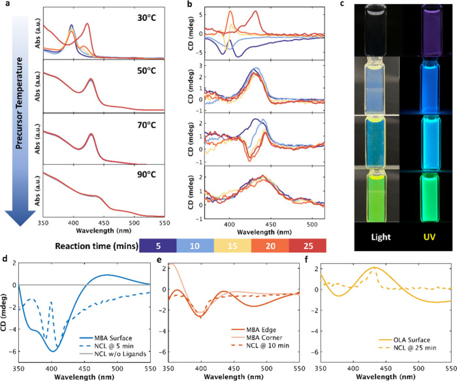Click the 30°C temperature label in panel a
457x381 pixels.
point(147,18)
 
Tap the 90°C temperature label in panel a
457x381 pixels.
point(147,174)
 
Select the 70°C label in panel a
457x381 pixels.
point(147,125)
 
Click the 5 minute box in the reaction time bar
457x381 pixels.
point(158,246)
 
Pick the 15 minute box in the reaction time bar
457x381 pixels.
point(232,246)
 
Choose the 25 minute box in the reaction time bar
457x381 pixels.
point(307,246)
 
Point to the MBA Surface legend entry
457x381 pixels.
point(106,338)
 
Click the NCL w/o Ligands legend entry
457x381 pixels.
point(113,354)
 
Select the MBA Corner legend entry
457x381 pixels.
point(257,337)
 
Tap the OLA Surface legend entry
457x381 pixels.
point(405,340)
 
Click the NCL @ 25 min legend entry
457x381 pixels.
point(407,348)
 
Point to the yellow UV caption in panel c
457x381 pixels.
point(430,237)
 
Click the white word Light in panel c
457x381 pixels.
point(381,237)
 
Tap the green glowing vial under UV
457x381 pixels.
point(430,197)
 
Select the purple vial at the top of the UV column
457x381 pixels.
point(430,31)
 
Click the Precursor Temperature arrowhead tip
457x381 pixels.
point(20,226)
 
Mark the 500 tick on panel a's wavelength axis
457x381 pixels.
point(134,223)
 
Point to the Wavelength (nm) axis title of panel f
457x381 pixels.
point(385,376)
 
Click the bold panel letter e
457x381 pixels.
point(159,259)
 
